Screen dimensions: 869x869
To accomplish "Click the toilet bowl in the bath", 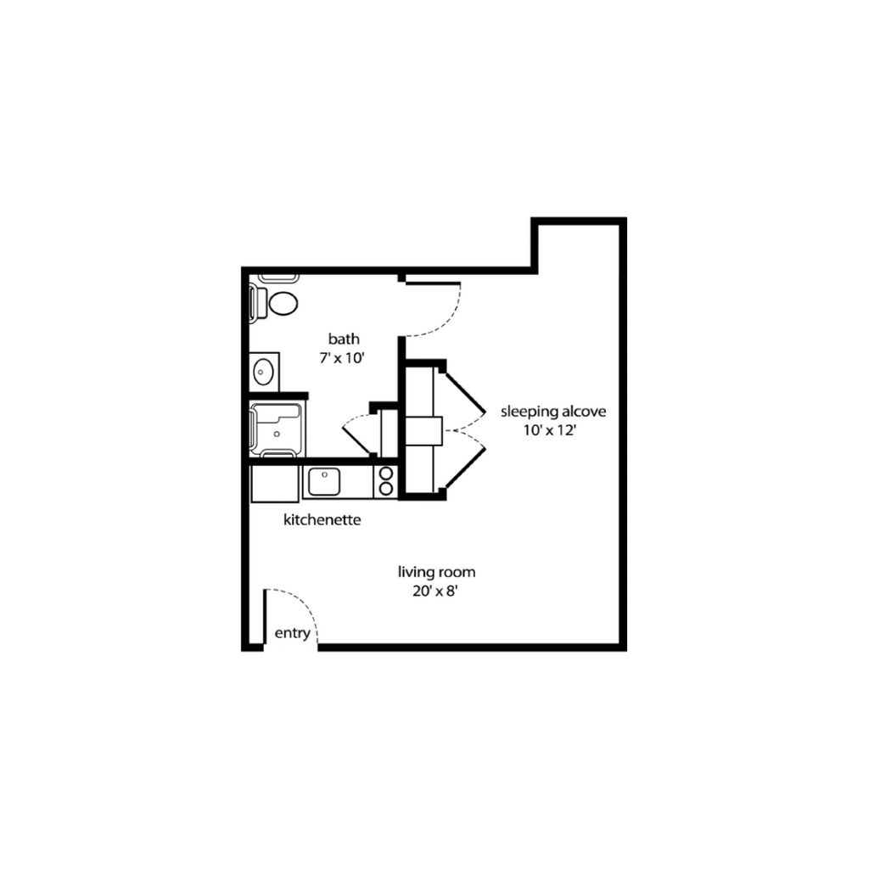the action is (283, 303).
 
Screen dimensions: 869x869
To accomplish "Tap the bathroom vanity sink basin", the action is (263, 372).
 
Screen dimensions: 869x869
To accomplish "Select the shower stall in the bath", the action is (276, 430).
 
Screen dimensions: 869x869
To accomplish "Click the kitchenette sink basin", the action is (324, 482).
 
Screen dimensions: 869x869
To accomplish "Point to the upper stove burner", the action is (386, 474).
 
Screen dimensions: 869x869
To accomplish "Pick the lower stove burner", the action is (386, 489).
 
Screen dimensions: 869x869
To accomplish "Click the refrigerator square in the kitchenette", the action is (275, 484).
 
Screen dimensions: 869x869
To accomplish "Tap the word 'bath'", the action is (344, 339).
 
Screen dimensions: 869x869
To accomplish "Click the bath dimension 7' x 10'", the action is (342, 358).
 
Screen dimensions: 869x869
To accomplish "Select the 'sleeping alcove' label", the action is (553, 412).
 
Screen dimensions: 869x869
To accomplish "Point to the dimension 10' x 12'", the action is (550, 430).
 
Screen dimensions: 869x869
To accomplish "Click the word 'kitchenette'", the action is (322, 520).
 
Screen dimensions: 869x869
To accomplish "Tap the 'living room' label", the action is (437, 572).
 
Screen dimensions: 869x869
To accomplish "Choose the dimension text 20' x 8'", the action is (435, 591).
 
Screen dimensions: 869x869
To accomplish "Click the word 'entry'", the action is (292, 633).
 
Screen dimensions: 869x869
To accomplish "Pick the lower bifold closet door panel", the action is (465, 468).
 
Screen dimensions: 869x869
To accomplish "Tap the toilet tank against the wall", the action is (257, 303).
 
